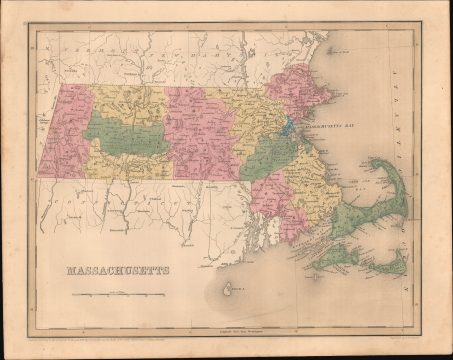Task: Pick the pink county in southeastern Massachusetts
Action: (269, 199)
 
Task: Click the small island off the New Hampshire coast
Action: (327, 52)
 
